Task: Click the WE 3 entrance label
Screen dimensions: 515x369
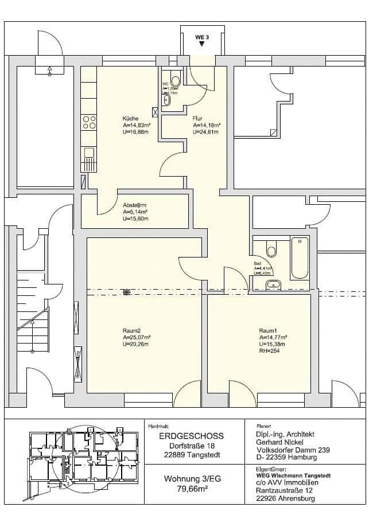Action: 200,37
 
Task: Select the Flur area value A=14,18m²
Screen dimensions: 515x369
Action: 207,124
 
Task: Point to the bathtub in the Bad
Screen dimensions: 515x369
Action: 300,258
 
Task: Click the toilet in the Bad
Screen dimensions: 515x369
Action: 271,249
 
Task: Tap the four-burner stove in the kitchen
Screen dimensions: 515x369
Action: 90,122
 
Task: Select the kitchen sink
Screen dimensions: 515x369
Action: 89,153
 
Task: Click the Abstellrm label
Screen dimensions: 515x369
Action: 135,205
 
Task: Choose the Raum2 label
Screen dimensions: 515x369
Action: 131,330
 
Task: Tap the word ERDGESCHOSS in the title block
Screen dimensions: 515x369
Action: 191,436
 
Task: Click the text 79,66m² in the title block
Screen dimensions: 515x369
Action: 192,489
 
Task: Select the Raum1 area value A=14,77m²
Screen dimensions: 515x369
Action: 273,337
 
